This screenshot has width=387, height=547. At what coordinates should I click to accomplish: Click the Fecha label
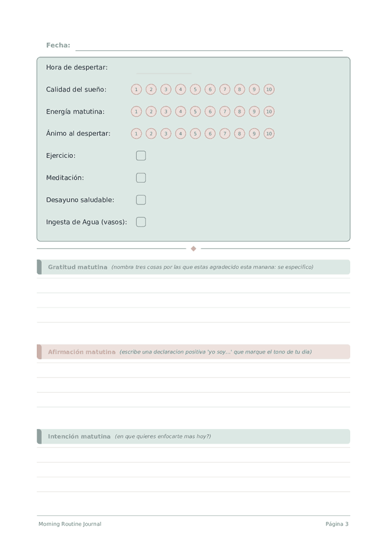coord(58,45)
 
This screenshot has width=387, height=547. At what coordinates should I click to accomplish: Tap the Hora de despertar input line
coord(164,72)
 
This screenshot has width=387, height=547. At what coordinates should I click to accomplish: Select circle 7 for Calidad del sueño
coord(224,90)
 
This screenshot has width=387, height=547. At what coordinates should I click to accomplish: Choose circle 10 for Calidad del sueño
coord(269,90)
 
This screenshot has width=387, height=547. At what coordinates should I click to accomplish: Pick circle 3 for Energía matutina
coord(166,112)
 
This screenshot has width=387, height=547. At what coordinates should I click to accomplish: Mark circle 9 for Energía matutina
coord(254,112)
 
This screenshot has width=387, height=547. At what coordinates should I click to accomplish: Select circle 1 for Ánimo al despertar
coord(136,134)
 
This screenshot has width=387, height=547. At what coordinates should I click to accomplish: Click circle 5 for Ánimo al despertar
coord(195,134)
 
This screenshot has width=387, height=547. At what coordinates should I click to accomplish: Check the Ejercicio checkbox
coord(141,155)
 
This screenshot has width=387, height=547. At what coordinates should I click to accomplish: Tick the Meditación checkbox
coord(141,177)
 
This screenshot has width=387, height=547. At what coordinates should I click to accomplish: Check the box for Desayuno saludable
coord(141,200)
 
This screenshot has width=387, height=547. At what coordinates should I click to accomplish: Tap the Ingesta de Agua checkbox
coord(141,222)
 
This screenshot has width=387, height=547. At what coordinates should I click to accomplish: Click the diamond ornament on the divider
coord(193,248)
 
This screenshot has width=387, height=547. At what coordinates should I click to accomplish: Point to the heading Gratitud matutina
coord(77,267)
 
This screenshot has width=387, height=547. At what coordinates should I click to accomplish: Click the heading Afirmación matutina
coord(81,352)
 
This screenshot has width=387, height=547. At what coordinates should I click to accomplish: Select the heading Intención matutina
coord(79,437)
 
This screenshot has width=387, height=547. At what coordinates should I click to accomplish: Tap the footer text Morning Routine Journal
coord(70,524)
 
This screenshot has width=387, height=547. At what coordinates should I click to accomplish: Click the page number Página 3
coord(337,524)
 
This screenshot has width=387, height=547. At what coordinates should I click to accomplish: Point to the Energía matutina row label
coord(75,112)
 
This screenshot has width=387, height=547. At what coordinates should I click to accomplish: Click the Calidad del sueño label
coord(76,90)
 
